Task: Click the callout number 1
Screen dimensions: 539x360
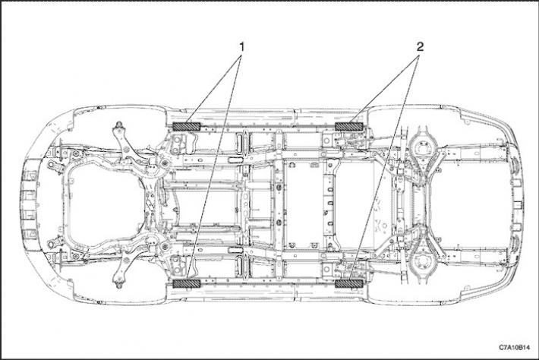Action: pyautogui.click(x=242, y=47)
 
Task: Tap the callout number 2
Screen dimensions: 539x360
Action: pyautogui.click(x=420, y=47)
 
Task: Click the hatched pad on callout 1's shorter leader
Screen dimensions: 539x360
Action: pyautogui.click(x=186, y=126)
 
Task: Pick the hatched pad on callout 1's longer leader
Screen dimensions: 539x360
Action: pyautogui.click(x=186, y=283)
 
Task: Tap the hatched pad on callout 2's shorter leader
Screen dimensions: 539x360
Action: pyautogui.click(x=349, y=126)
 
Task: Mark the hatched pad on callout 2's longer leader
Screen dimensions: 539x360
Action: pyautogui.click(x=349, y=283)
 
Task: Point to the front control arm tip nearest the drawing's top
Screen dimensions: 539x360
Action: pyautogui.click(x=118, y=125)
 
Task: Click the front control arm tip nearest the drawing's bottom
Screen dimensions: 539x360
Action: pyautogui.click(x=118, y=285)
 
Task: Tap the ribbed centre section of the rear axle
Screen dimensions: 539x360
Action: pyautogui.click(x=420, y=205)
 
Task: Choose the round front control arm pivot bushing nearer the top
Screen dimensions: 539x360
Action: pyautogui.click(x=164, y=164)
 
